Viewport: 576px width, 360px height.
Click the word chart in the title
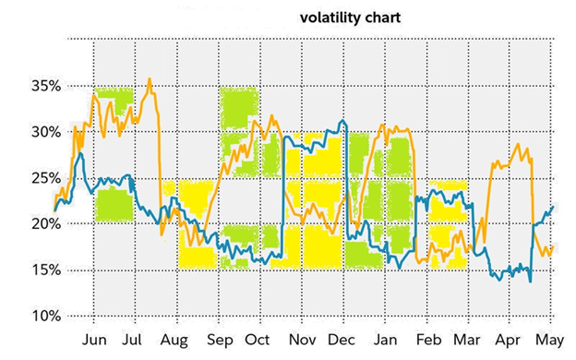tap(382, 17)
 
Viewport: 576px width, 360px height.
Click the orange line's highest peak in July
tap(150, 79)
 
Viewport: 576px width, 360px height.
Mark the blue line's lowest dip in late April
tap(530, 282)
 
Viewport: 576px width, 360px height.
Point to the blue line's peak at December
tap(343, 121)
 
